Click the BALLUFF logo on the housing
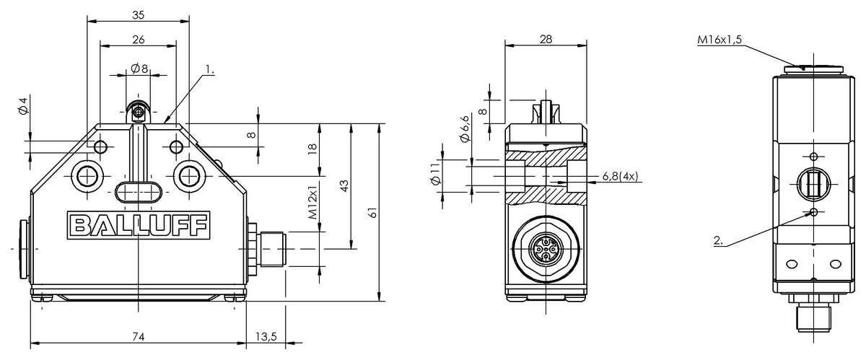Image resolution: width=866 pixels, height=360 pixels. [139, 225]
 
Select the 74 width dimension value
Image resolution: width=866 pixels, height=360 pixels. [138, 337]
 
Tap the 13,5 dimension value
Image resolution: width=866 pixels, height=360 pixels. [266, 337]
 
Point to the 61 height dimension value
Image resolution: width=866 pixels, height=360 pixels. [372, 212]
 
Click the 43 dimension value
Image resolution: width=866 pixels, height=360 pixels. [344, 185]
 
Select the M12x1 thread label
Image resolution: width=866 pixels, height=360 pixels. [312, 202]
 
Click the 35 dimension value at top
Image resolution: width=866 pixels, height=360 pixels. [138, 15]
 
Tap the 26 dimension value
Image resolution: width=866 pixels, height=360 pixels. [139, 40]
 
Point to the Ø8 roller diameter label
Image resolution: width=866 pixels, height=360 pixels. [139, 69]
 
